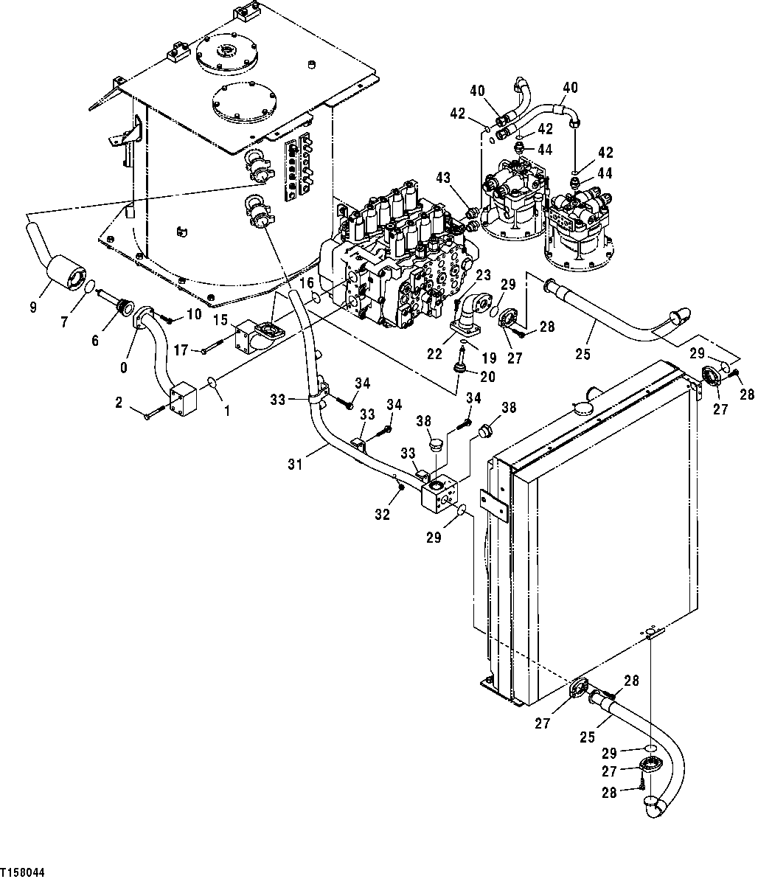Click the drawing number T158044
coord(24,872)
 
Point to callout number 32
coord(381,515)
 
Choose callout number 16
coord(308,282)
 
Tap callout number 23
coord(483,274)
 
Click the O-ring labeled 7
coord(88,286)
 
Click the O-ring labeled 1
coord(211,383)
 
